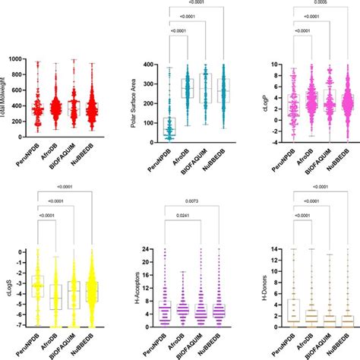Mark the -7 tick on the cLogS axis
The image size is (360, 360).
coord(21,327)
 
